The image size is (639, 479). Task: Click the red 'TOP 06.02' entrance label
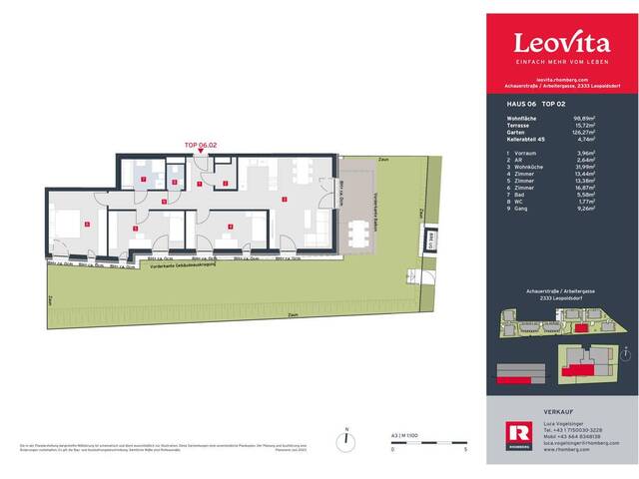coord(201,145)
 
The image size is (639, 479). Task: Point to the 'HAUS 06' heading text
coord(521,102)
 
